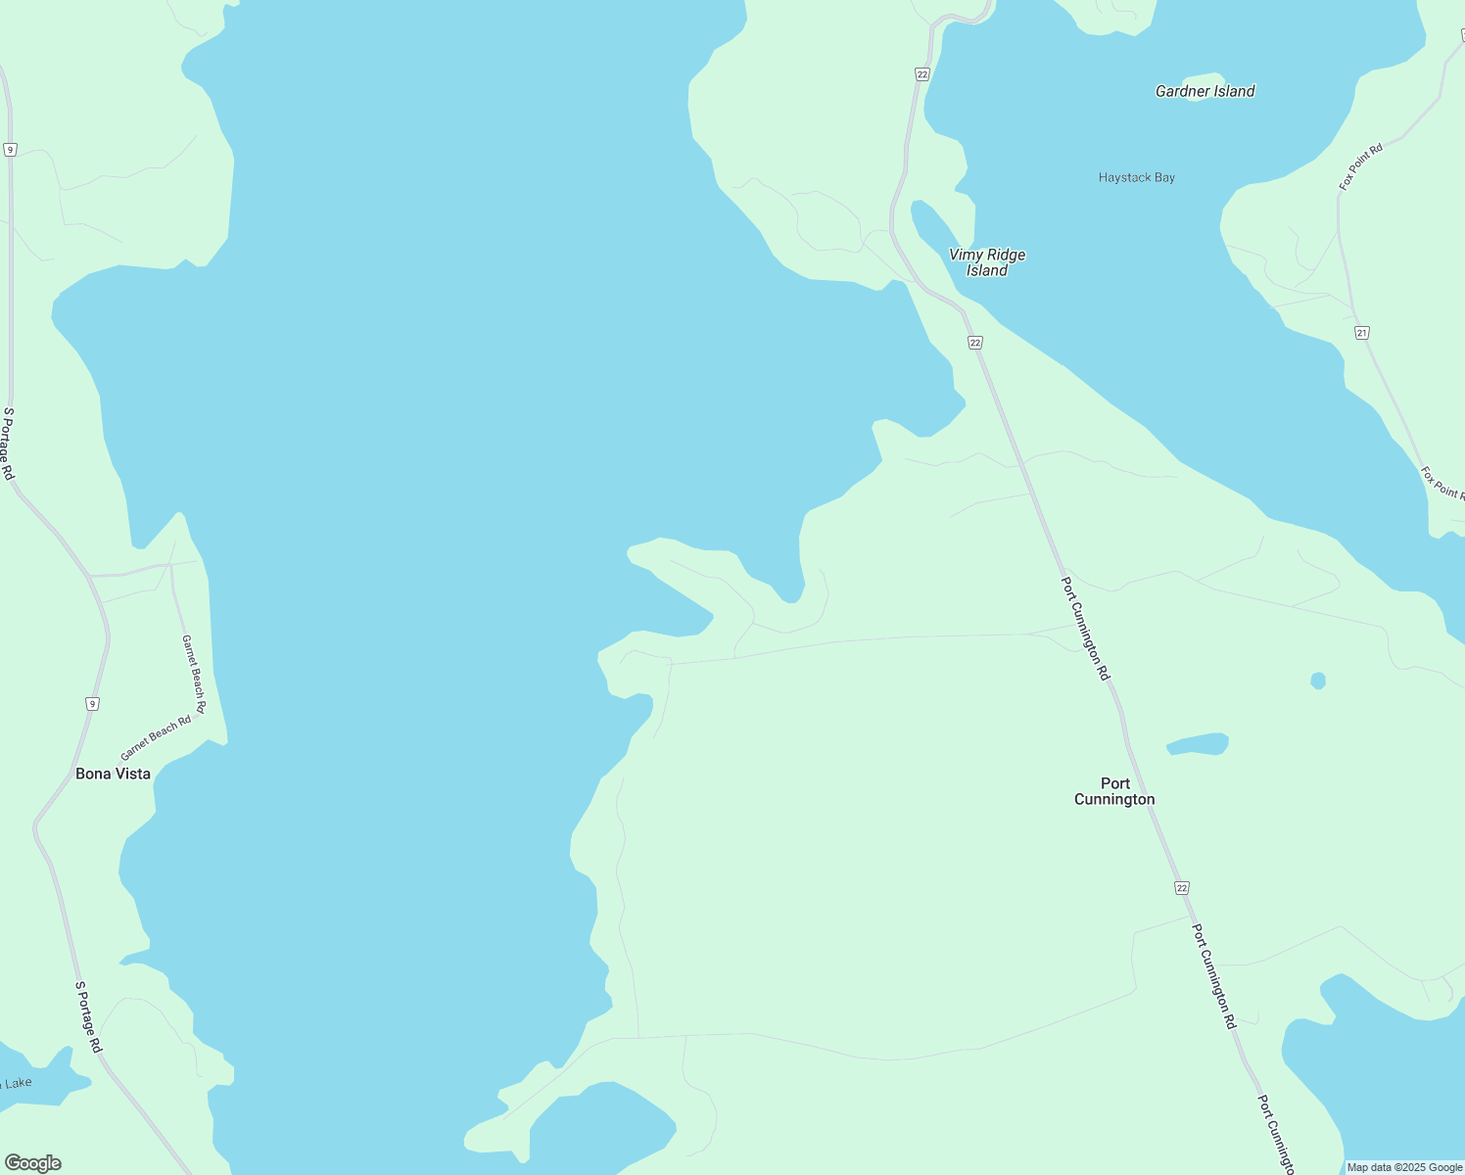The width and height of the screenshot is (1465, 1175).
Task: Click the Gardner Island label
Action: coord(1205,91)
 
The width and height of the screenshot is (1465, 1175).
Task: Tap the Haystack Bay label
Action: coord(1136,177)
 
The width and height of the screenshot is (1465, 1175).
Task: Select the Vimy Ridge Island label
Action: coord(987,262)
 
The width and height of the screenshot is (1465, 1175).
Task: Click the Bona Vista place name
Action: coord(114,774)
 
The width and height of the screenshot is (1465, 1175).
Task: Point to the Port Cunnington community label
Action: coord(1114,791)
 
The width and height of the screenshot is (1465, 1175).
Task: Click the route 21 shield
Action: coord(1362,333)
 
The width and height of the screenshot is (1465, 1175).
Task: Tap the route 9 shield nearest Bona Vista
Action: coord(91,703)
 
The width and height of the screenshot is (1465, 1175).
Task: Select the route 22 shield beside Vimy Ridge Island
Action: coord(974,342)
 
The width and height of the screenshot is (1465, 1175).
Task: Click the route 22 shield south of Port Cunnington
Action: coord(1182,887)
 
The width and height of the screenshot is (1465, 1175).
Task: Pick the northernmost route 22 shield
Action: coord(922,73)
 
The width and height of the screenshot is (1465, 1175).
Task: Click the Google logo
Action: coord(32,1163)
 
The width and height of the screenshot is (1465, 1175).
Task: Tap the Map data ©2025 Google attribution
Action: coord(1404,1167)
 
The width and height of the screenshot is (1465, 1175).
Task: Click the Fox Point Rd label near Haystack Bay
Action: coord(1361,166)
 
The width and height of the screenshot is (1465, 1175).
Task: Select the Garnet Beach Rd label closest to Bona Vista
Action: coord(156,738)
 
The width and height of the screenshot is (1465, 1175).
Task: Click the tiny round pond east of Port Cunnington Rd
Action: coord(1318,681)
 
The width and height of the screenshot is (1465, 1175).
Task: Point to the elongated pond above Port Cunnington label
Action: coord(1198,744)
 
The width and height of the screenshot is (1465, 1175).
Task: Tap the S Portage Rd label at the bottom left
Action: coord(89,1016)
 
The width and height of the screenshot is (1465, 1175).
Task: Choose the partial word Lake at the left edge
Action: coord(18,1083)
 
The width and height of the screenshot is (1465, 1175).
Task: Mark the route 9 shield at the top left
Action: coord(10,149)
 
